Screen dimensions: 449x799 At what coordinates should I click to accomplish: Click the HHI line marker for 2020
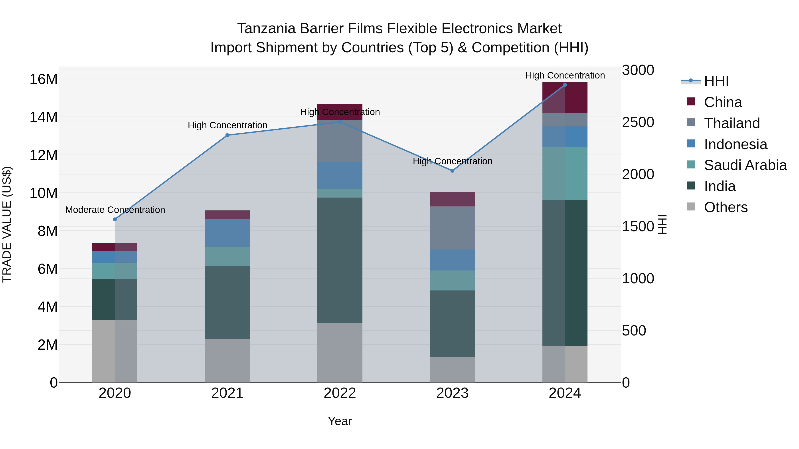coord(115,219)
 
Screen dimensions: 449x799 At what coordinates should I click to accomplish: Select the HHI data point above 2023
coord(452,171)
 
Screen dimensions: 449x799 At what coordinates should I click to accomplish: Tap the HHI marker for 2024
coord(565,85)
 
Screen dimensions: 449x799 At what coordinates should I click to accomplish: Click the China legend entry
coord(723,102)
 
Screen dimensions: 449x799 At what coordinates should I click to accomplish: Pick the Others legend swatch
coord(691,207)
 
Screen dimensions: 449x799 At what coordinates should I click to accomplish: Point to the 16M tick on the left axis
coord(44,79)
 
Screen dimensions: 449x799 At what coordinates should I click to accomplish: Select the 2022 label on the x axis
coord(340,393)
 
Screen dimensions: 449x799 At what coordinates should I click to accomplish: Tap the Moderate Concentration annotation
coord(115,210)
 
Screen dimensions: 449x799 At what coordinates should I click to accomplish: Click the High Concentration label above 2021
coord(227,125)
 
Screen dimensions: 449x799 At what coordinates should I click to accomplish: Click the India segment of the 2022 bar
coord(340,260)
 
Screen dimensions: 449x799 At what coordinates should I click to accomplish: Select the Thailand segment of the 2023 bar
coord(452,228)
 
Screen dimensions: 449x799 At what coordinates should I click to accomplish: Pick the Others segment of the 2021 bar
coord(227,360)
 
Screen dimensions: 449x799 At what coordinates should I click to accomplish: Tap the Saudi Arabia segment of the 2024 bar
coord(565,174)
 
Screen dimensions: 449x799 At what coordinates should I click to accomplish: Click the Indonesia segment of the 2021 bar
coord(227,233)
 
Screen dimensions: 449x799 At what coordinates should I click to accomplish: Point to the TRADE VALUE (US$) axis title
coord(7,224)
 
